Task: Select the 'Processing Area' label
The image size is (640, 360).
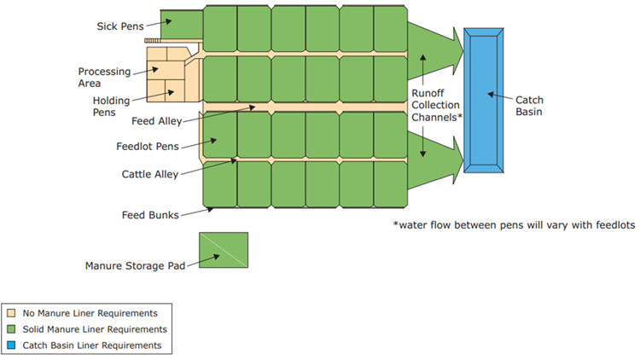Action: coord(103,78)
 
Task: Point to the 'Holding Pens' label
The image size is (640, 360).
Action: coord(111,106)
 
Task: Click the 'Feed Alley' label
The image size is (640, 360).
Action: coord(157,121)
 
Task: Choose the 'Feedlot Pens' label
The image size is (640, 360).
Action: coord(147,146)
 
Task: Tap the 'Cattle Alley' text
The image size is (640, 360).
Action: coord(150,175)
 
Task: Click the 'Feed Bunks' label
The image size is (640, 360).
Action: coord(149,215)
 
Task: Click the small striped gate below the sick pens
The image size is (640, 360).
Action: coord(153,40)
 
